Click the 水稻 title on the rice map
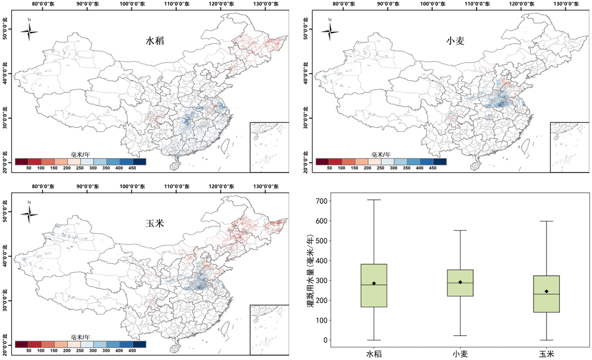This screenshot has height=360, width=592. tap(155, 41)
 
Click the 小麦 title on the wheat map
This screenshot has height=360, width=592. tap(455, 41)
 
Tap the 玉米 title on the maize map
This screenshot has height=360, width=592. tap(155, 223)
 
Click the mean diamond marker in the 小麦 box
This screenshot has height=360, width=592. tap(460, 282)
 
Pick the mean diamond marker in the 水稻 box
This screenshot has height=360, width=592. tap(374, 283)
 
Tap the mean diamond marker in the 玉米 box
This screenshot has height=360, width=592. tap(546, 291)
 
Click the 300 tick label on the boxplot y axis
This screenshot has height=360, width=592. tap(321, 281)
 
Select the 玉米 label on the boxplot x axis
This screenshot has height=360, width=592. tap(546, 354)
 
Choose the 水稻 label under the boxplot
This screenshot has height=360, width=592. tap(374, 354)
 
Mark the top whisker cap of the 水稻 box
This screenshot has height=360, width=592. tap(374, 200)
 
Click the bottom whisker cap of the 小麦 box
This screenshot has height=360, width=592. tap(460, 335)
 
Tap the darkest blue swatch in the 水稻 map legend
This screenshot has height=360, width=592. tap(139, 162)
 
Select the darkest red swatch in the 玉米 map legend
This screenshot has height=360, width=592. tap(22, 344)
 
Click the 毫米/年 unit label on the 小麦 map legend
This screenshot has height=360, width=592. tap(381, 155)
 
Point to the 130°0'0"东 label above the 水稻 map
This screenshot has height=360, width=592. tap(266, 4)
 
